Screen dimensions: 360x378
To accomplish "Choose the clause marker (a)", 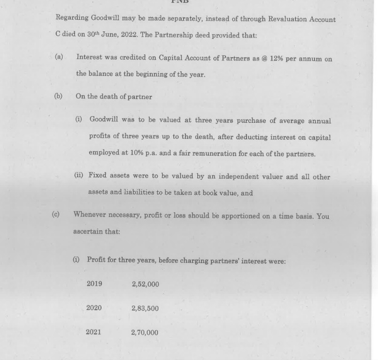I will pyautogui.click(x=59, y=58).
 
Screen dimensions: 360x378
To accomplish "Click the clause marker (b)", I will pyautogui.click(x=58, y=97).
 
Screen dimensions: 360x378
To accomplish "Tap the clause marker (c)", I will pyautogui.click(x=56, y=215).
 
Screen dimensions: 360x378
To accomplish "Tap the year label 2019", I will pyautogui.click(x=94, y=284).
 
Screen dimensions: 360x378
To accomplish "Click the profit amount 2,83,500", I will pyautogui.click(x=145, y=308).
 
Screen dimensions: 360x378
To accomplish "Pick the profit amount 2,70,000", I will pyautogui.click(x=145, y=333).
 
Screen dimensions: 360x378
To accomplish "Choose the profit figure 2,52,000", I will pyautogui.click(x=146, y=284).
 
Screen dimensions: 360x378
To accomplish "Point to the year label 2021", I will pyautogui.click(x=93, y=332).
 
